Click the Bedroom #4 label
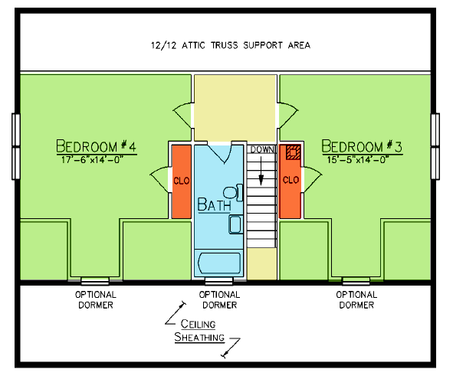[97, 145]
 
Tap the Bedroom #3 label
[362, 146]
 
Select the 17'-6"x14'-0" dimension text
[92, 159]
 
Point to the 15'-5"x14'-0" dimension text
[358, 159]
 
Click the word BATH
[214, 204]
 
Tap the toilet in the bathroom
[234, 192]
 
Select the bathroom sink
[235, 224]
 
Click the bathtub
[219, 263]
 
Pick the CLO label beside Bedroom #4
[182, 181]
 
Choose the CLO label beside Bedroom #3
[291, 180]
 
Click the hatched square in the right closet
[293, 152]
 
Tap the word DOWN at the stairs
[262, 149]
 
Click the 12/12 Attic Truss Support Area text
[231, 45]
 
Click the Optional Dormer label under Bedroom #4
[96, 300]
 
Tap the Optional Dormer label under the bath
[219, 300]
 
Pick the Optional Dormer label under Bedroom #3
[356, 300]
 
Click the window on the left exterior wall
[16, 146]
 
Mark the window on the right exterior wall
[435, 146]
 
